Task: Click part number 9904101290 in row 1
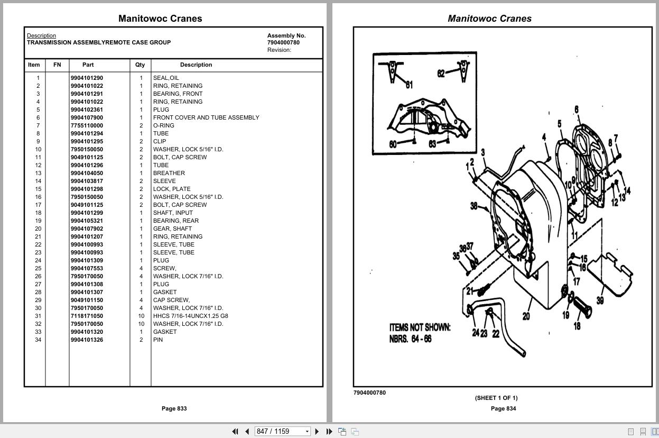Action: point(87,78)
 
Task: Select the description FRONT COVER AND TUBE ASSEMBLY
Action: point(206,117)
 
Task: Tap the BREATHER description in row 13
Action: point(169,173)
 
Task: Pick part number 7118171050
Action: point(87,316)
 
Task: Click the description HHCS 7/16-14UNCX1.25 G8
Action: point(190,316)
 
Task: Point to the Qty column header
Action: point(140,65)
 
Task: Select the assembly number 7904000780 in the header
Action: point(283,43)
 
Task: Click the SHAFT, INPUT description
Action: point(173,213)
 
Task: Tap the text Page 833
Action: point(174,408)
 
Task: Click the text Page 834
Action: point(503,408)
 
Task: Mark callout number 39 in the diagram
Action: point(600,300)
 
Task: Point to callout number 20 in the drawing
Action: point(526,316)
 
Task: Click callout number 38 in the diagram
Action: point(474,206)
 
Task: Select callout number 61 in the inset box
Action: point(409,85)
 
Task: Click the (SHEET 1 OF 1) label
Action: point(496,398)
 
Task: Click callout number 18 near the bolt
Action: point(577,326)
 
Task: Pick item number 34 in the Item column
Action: point(38,340)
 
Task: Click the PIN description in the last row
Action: point(158,340)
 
